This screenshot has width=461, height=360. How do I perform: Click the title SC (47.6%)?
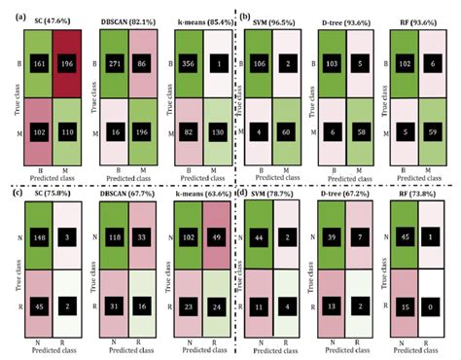click(x=52, y=18)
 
